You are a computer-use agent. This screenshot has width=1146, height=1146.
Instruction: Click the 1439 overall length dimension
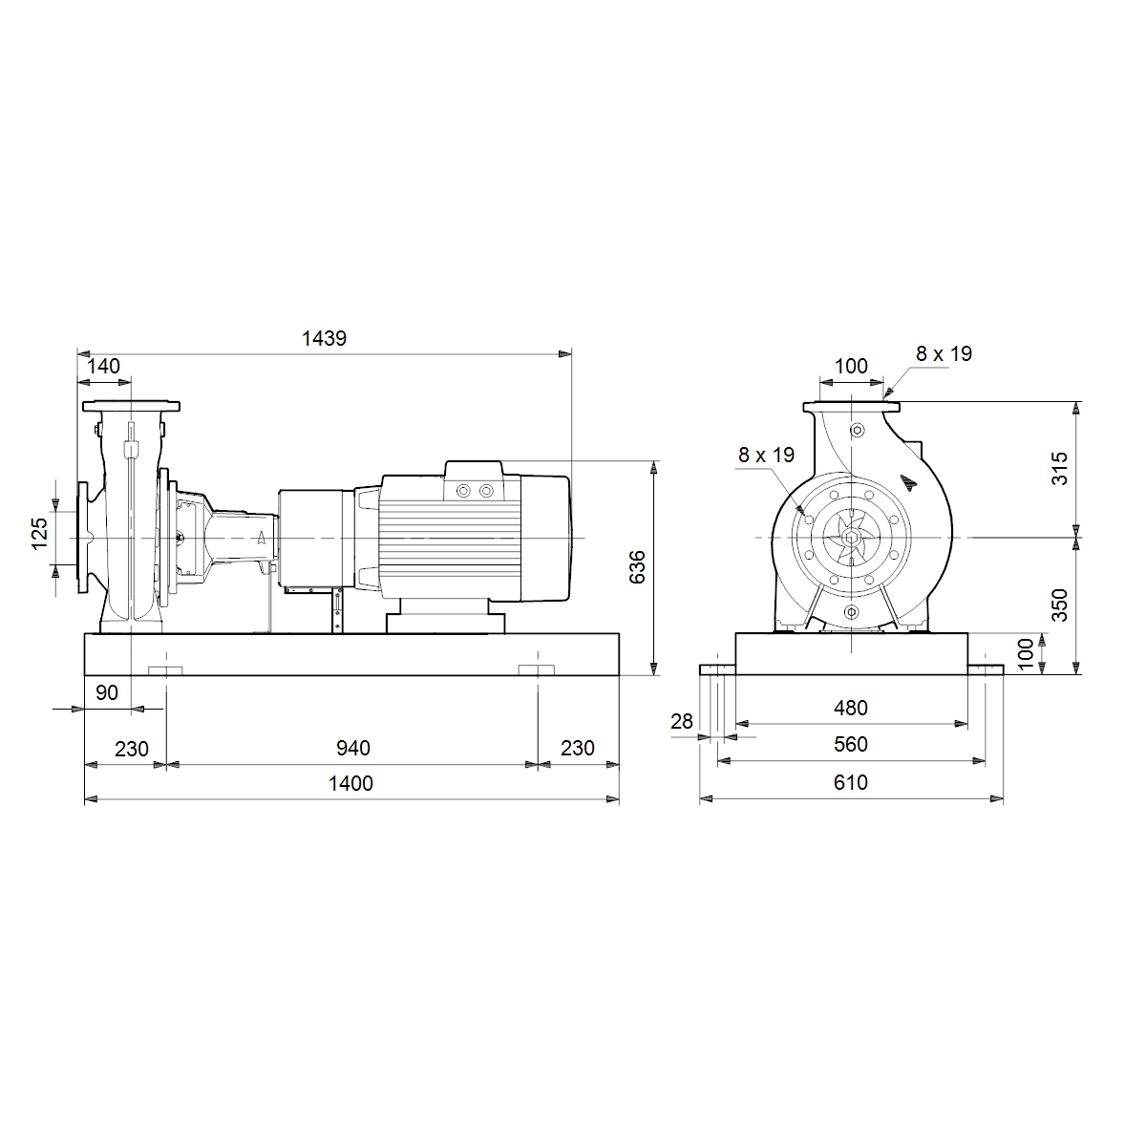[324, 338]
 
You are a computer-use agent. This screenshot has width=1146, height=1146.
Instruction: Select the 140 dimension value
[103, 367]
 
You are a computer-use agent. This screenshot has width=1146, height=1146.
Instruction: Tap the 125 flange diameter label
[40, 534]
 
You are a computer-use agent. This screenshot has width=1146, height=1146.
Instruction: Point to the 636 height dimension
[637, 567]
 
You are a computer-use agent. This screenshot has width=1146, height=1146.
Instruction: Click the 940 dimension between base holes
[353, 748]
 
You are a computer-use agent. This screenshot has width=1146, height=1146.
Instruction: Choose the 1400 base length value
[350, 783]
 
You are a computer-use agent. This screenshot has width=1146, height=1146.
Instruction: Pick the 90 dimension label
[106, 692]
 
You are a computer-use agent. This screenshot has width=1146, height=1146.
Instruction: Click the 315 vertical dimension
[1060, 469]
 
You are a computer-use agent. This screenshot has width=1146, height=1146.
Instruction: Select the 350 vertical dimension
[1060, 605]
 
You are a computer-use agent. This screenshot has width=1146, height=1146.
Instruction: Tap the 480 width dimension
[851, 708]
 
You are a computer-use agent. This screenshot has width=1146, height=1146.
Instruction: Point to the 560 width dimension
[851, 744]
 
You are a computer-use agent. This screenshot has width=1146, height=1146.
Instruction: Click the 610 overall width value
[851, 782]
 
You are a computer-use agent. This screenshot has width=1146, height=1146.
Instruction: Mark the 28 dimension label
[682, 721]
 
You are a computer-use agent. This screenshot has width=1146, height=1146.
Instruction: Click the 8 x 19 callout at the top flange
[944, 354]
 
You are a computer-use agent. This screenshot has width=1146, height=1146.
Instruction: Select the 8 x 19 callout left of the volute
[766, 455]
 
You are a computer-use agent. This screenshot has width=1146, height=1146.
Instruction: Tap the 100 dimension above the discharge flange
[851, 367]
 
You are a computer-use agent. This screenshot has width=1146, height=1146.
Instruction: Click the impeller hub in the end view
[851, 538]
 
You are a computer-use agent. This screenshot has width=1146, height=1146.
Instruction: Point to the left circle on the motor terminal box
[463, 491]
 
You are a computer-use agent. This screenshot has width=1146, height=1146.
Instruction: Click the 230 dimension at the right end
[578, 748]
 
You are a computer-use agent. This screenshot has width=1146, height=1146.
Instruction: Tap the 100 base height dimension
[1026, 654]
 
